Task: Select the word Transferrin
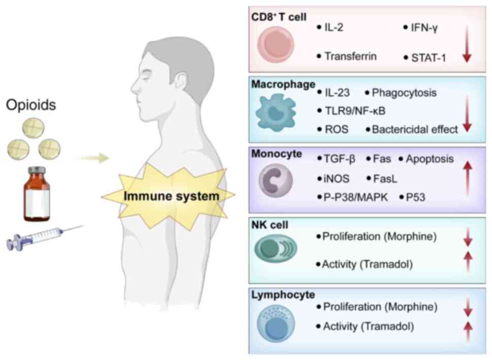(x=350, y=56)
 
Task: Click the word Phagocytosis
(x=404, y=93)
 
